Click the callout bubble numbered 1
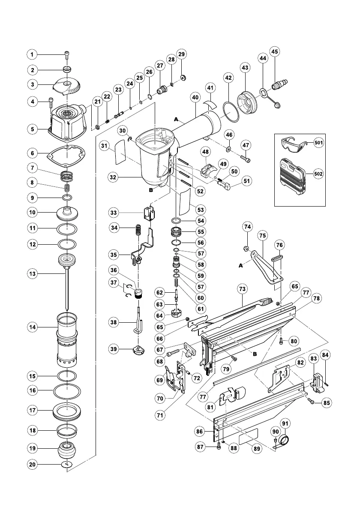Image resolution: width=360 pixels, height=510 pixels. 32,54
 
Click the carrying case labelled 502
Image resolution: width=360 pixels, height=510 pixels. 294,173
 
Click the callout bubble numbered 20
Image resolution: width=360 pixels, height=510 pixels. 32,464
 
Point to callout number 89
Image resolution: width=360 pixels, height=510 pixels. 257,449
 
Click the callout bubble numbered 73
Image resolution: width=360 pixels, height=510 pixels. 243,290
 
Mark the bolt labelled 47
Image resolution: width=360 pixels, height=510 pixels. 246,159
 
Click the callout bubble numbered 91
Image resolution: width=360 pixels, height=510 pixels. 285,423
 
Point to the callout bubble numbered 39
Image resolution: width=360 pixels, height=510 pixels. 114,349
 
